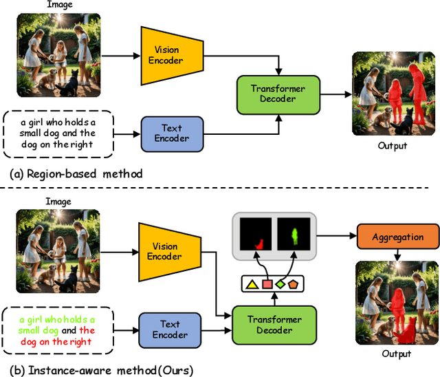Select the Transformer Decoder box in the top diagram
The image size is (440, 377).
click(278, 94)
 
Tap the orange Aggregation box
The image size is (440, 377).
click(397, 237)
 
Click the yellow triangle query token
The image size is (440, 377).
click(252, 283)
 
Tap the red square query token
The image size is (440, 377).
click(267, 284)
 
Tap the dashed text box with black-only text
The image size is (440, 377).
click(58, 133)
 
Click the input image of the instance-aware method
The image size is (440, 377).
click(58, 252)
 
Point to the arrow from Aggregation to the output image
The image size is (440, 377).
click(397, 255)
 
